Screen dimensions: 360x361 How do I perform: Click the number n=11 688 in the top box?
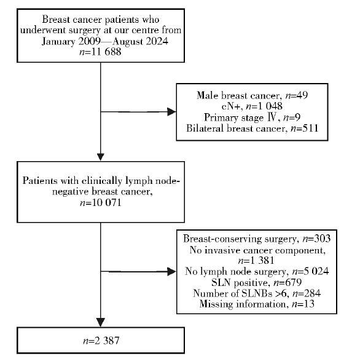pos(100,52)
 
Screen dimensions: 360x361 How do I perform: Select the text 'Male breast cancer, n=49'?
pos(252,95)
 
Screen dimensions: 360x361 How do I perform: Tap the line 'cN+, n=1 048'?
pos(252,106)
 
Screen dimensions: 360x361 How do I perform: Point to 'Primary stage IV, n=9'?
pos(252,117)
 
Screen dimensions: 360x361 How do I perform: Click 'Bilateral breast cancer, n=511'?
pos(252,129)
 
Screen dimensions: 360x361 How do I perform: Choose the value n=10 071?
pos(101,202)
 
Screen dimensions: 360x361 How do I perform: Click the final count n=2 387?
pos(101,341)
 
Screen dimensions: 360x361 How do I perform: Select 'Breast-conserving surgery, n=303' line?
pos(257,239)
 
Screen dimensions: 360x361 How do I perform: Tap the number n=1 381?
pos(256,260)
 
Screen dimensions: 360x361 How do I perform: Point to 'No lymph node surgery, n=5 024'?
pos(257,271)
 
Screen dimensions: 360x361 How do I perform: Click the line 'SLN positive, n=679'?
pos(257,282)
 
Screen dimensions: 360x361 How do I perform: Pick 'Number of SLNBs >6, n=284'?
pos(257,293)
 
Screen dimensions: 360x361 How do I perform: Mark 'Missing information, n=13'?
pos(257,304)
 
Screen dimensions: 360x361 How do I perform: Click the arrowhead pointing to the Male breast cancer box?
pos(171,112)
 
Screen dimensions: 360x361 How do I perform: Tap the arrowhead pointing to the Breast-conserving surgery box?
pos(171,272)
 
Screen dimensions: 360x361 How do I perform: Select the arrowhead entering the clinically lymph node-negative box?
pos(101,157)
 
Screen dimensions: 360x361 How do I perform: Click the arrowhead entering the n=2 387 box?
pos(101,322)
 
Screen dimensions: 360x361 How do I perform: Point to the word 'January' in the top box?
pos(58,42)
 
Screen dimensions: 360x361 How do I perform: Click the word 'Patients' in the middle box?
pos(40,181)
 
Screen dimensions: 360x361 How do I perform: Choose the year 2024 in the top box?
pos(157,41)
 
